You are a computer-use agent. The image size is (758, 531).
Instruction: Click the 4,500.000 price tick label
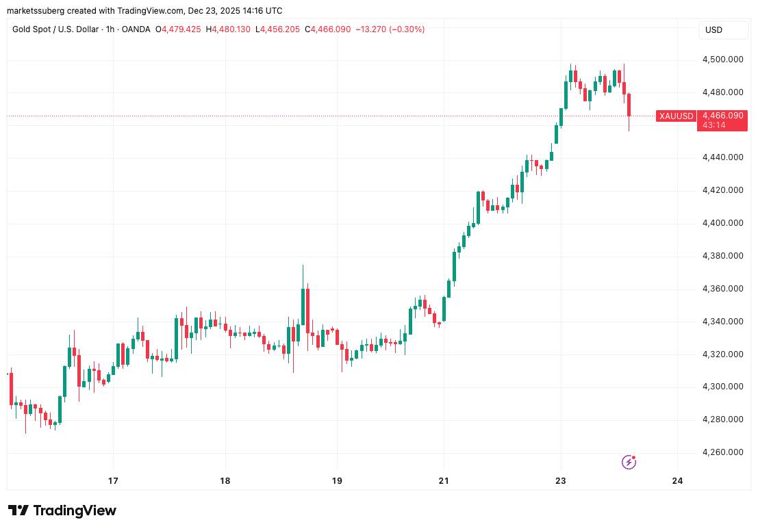point(723,60)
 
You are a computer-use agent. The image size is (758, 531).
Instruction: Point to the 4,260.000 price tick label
point(723,452)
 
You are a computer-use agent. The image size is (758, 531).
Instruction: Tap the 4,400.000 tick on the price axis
point(723,223)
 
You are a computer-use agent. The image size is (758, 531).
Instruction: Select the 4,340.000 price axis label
point(723,322)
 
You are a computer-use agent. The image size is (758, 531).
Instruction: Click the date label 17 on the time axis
point(113,481)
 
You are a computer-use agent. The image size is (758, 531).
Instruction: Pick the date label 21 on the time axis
point(444,481)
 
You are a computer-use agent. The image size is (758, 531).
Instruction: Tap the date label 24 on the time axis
point(678,481)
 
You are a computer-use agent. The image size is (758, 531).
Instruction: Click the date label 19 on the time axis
point(336,481)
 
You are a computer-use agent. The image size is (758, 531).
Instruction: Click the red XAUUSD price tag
point(676,116)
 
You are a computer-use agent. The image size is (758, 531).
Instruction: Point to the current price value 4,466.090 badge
point(722,116)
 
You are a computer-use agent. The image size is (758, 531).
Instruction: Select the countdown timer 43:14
point(713,126)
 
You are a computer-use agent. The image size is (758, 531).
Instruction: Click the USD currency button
point(714,30)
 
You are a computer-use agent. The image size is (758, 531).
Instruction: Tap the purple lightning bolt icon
point(629,463)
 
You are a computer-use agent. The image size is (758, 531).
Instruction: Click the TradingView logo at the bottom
point(62,510)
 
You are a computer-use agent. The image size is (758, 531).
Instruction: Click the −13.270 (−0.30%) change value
point(390,29)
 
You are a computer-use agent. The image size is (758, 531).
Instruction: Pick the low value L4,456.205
point(279,29)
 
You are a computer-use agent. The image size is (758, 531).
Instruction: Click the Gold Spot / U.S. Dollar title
point(59,29)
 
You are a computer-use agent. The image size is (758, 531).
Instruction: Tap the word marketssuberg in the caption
point(34,10)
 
